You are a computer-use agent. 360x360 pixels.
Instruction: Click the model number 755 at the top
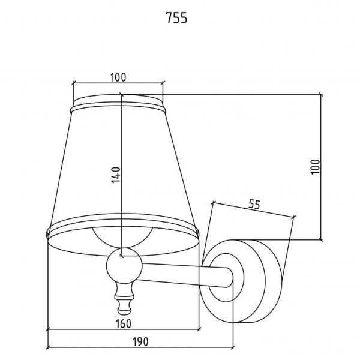pyautogui.click(x=176, y=18)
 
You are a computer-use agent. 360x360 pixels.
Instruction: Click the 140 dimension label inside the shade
pyautogui.click(x=116, y=175)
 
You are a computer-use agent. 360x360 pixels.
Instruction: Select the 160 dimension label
pyautogui.click(x=124, y=324)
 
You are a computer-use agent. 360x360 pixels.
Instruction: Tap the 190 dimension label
pyautogui.click(x=140, y=341)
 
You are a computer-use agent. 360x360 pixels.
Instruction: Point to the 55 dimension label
pyautogui.click(x=254, y=205)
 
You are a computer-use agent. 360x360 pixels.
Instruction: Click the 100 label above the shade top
pyautogui.click(x=118, y=77)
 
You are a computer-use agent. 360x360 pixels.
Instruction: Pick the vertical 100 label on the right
pyautogui.click(x=315, y=167)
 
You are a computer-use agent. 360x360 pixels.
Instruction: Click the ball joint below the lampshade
pyautogui.click(x=124, y=266)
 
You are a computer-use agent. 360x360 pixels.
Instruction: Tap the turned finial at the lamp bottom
pyautogui.click(x=124, y=299)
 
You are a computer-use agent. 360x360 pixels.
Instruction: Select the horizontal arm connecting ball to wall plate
pyautogui.click(x=184, y=275)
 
